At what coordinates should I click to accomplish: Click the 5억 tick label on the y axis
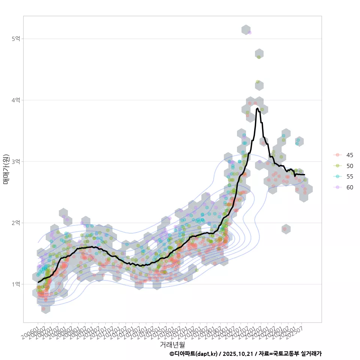16,39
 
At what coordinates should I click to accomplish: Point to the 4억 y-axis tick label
16,100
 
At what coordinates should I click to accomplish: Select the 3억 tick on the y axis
16,162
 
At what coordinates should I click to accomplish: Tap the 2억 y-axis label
16,223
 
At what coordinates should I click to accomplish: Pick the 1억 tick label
16,284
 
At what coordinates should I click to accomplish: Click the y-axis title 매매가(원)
6,169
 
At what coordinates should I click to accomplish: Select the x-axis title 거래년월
172,344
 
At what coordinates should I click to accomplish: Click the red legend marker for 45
337,155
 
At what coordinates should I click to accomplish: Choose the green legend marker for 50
337,166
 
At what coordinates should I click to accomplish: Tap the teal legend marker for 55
337,177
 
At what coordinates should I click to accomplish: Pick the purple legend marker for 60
337,187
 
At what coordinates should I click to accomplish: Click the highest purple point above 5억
249,33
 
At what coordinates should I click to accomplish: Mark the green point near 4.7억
259,57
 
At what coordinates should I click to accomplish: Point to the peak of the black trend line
257,108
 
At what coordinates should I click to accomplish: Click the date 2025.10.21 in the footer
238,354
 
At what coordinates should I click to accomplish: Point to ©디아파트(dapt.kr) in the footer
193,354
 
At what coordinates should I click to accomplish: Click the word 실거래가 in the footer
311,354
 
